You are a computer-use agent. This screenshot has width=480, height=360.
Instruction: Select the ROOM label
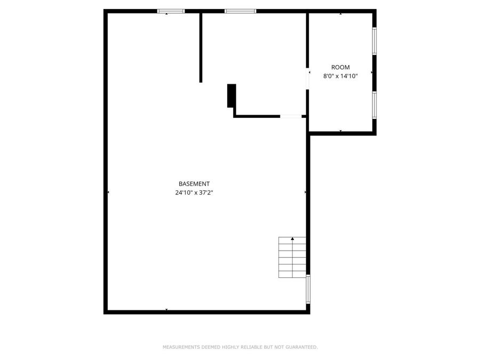click(340, 67)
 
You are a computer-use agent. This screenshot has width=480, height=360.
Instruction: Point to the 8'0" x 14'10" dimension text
click(340, 76)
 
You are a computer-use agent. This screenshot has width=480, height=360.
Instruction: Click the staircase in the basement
click(292, 258)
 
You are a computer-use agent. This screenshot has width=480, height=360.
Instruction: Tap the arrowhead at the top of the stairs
click(292, 239)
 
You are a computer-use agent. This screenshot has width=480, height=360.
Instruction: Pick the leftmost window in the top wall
click(171, 11)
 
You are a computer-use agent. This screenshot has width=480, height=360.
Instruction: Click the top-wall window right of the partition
click(240, 11)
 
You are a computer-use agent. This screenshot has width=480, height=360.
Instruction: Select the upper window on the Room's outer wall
click(374, 41)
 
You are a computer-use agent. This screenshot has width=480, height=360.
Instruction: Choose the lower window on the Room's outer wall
click(374, 105)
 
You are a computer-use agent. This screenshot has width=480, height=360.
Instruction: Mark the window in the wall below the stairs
click(308, 289)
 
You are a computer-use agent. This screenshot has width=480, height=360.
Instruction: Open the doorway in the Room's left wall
click(308, 78)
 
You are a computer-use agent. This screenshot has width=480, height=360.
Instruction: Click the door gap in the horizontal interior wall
click(291, 116)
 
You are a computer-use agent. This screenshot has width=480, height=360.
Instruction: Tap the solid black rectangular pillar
click(231, 95)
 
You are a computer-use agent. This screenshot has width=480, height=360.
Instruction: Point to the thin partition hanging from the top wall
click(201, 48)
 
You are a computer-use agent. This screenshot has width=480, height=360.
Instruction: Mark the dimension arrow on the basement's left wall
click(109, 192)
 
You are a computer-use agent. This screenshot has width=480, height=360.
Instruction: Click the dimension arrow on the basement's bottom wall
click(166, 309)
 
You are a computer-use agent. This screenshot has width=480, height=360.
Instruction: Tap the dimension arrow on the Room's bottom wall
click(340, 131)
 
